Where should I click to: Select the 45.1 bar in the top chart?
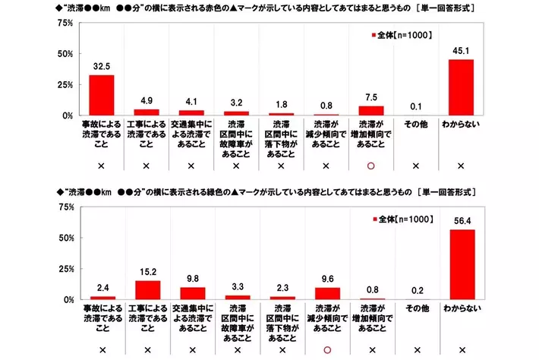point(461,87)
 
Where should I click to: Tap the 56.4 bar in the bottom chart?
point(461,265)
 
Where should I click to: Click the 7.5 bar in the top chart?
point(371,110)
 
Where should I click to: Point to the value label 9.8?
point(191,279)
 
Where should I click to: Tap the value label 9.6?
point(326,279)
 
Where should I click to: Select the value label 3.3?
point(237,287)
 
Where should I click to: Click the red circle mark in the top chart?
point(371,166)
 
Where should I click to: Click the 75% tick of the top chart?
point(65,24)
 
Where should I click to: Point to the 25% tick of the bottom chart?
point(65,269)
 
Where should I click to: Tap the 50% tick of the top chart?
point(65,54)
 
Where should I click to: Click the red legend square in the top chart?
point(374,36)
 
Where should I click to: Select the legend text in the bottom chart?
point(407,219)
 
